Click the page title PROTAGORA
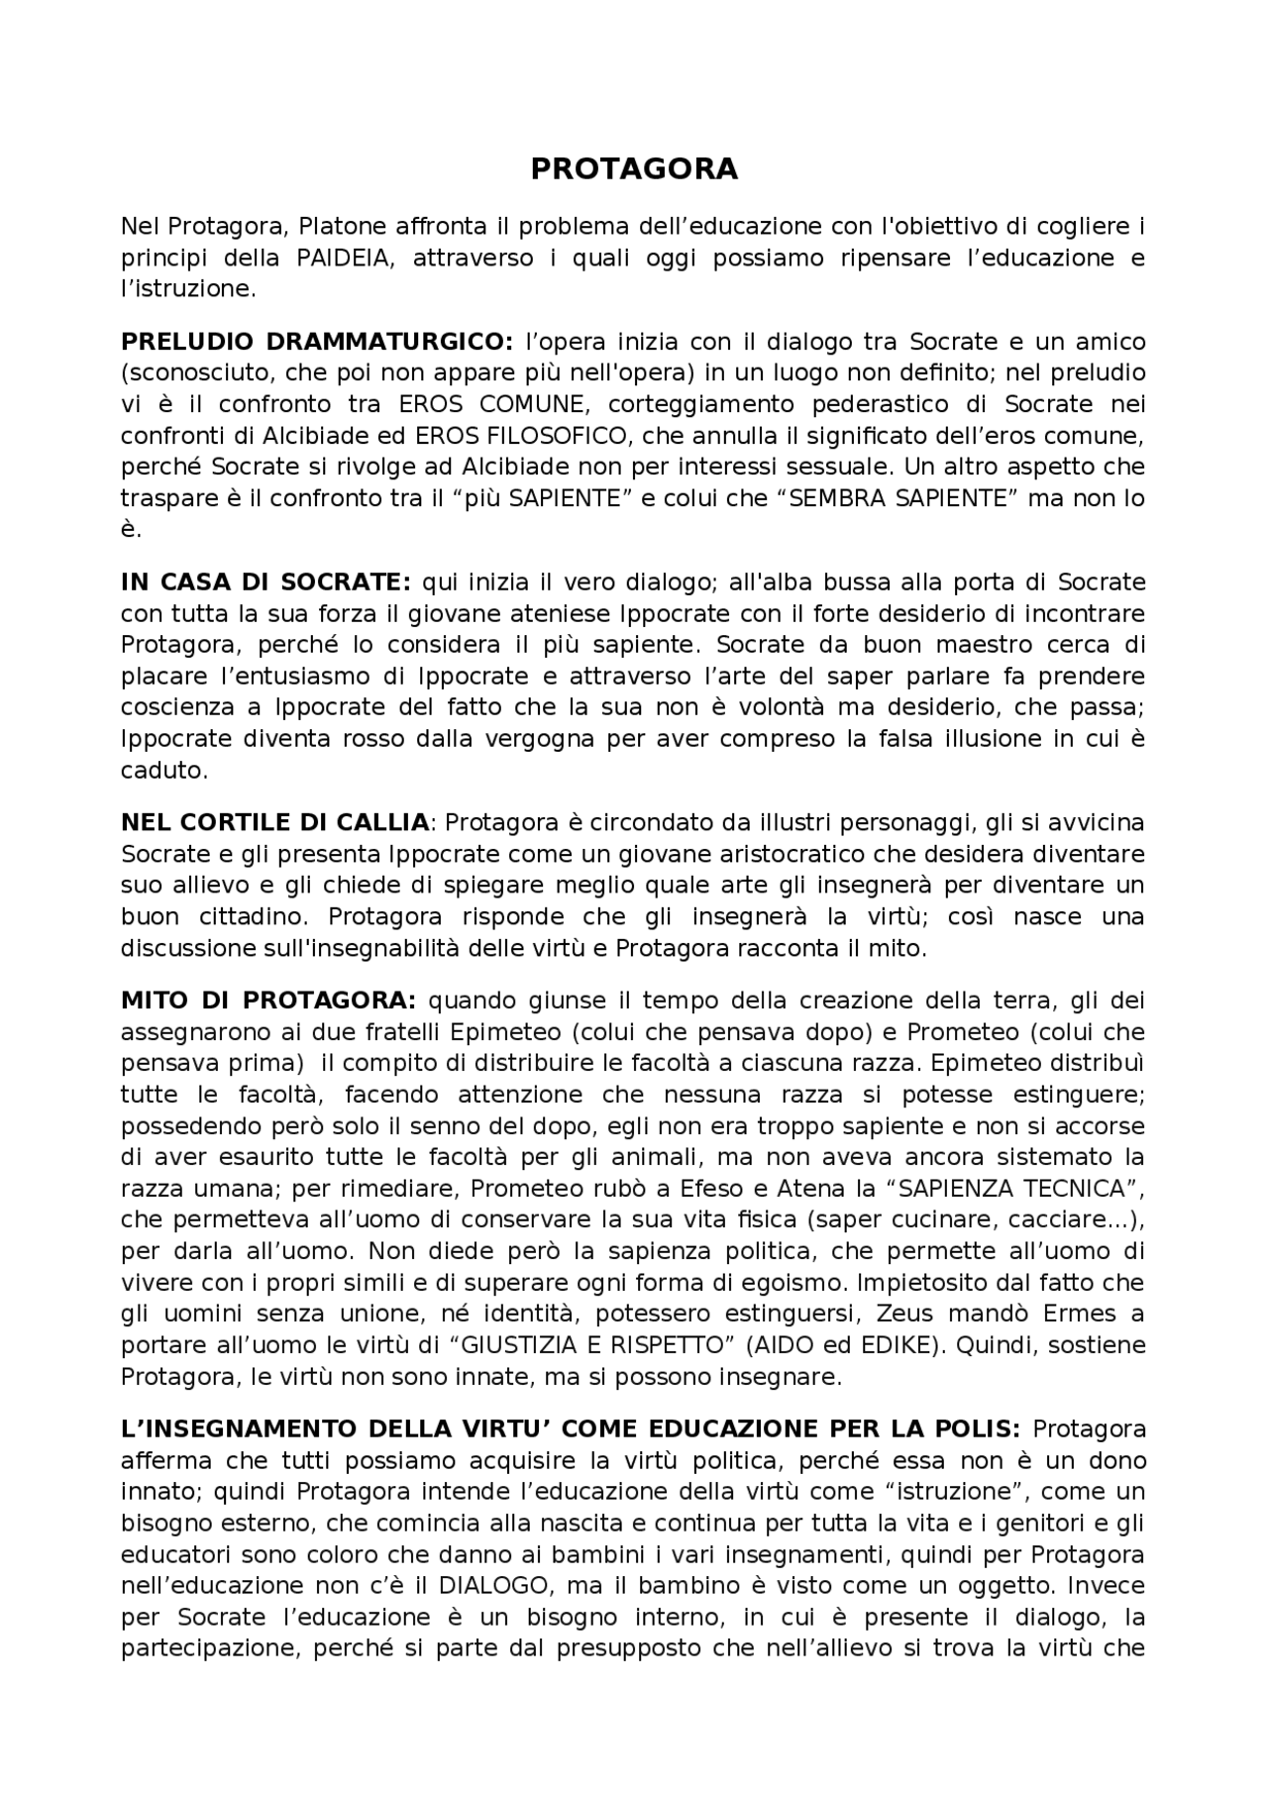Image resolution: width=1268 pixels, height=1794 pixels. [634, 169]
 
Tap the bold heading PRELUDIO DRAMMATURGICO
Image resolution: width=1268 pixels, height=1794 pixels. [317, 342]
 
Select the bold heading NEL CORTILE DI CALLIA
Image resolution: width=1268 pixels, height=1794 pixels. [275, 822]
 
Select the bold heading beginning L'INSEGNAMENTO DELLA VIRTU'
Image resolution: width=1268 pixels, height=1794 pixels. [570, 1429]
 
